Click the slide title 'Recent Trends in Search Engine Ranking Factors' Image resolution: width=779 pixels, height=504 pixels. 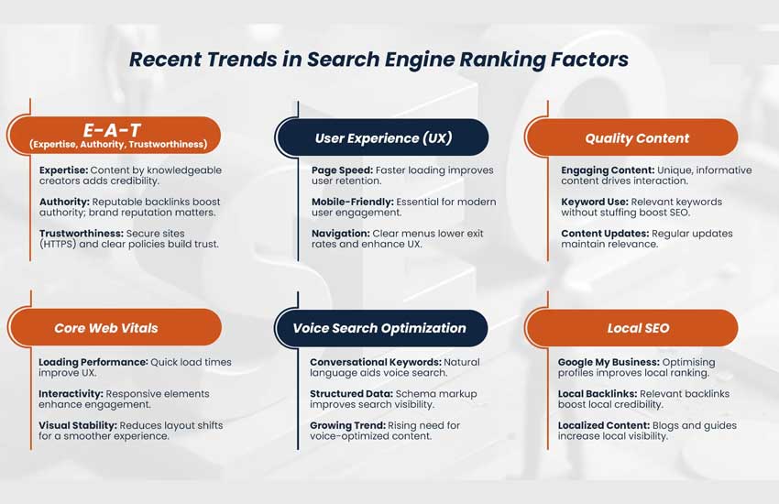coord(379,60)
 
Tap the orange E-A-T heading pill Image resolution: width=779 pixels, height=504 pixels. coord(116,135)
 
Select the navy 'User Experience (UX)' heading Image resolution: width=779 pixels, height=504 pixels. coord(383,138)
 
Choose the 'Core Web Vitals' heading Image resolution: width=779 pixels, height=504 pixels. coord(106,328)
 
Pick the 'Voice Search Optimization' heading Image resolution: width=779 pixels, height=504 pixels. coord(379,328)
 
